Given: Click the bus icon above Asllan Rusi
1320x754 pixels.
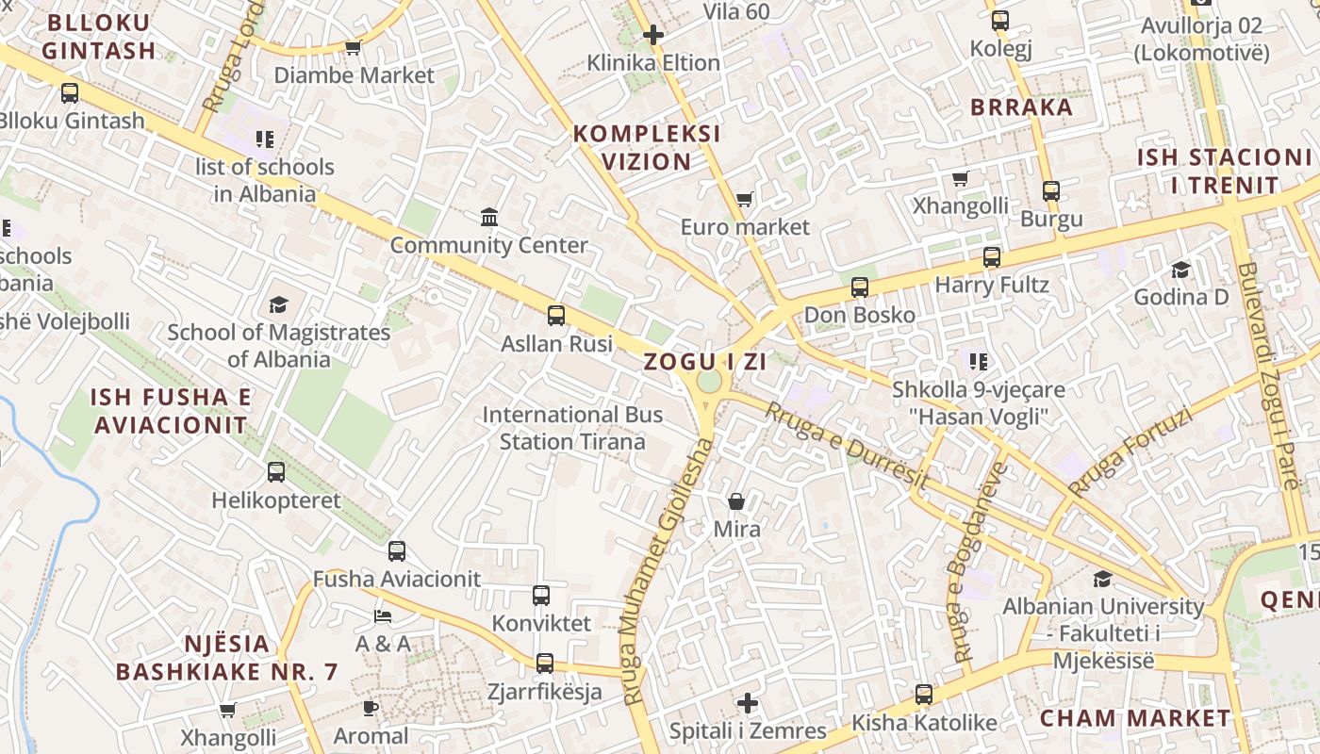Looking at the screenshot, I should coord(556,315).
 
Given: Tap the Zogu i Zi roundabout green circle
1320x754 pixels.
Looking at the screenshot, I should coord(709,382).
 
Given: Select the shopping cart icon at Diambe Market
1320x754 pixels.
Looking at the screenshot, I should coord(354,47).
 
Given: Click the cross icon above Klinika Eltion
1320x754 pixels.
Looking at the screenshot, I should coord(652,36).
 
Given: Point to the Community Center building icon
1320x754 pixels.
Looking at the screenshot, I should coord(489,218).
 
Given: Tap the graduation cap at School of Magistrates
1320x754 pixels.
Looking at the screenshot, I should coord(278,304).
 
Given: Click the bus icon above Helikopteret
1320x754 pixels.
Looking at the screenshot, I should coord(276,472).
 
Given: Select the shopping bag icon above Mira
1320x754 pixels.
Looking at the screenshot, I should coord(736,501).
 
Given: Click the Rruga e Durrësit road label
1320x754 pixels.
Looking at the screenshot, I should coord(846,447).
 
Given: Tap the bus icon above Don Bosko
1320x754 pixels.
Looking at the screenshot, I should coord(859,287).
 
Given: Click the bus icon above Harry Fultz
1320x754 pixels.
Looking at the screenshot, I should coord(991,257).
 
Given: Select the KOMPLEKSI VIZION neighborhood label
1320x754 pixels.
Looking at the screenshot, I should coord(647,147).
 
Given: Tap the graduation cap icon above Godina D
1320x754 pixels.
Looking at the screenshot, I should coord(1180,270).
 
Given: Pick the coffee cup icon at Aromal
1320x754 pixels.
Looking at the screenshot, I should coord(371,708).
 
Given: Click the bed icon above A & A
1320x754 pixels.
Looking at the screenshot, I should coord(383,616).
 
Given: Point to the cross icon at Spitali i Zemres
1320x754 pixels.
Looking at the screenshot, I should coord(748,703).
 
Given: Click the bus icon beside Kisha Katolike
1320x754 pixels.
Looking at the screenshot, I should coord(924,695).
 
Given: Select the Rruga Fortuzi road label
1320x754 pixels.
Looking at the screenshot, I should coord(1130,452).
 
